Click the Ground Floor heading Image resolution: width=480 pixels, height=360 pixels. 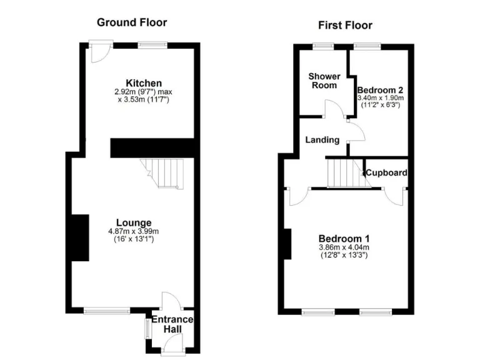click(x=132, y=22)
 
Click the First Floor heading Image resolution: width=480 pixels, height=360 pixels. click(x=345, y=25)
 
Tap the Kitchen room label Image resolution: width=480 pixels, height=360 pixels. click(x=144, y=83)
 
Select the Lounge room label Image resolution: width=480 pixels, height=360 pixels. click(x=134, y=222)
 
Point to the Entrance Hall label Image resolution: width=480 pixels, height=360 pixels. click(x=178, y=324)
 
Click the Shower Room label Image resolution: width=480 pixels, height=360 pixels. click(x=324, y=81)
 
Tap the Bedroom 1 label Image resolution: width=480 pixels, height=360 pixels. click(x=344, y=238)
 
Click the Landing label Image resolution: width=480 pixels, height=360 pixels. click(x=322, y=140)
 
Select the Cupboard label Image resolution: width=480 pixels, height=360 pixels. click(x=387, y=172)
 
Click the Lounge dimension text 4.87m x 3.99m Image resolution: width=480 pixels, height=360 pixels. click(x=134, y=231)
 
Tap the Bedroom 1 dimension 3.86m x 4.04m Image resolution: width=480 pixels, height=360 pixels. click(x=344, y=247)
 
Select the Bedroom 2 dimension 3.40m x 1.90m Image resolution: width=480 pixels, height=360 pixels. click(x=380, y=98)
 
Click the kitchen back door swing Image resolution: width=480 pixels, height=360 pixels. click(x=97, y=54)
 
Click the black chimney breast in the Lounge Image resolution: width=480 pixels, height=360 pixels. click(x=79, y=237)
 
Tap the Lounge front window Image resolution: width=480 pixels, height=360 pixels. click(x=107, y=309)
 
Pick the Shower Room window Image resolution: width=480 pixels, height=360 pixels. click(x=323, y=45)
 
